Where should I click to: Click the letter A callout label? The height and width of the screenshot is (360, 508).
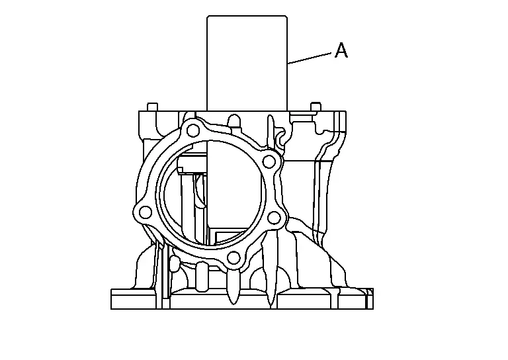pyautogui.click(x=341, y=50)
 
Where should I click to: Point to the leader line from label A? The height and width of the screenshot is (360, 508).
pyautogui.click(x=310, y=58)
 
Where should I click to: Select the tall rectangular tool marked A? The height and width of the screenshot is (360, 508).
pyautogui.click(x=247, y=63)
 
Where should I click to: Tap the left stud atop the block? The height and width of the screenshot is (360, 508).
pyautogui.click(x=153, y=107)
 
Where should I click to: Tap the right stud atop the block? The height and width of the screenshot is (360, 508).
pyautogui.click(x=316, y=107)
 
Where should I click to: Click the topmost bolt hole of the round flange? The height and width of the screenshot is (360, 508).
pyautogui.click(x=193, y=130)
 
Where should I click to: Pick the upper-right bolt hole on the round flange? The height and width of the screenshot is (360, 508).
pyautogui.click(x=269, y=161)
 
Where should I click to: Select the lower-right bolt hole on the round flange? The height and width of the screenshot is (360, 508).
pyautogui.click(x=275, y=218)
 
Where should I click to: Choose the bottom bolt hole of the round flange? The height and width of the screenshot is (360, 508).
pyautogui.click(x=233, y=258)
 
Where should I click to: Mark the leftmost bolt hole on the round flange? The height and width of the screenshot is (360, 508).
pyautogui.click(x=145, y=212)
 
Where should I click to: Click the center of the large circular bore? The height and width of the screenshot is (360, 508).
pyautogui.click(x=211, y=195)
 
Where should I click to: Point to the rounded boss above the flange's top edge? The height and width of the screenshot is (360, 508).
pyautogui.click(x=235, y=122)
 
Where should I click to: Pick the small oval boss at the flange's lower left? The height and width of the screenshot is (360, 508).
pyautogui.click(x=175, y=263)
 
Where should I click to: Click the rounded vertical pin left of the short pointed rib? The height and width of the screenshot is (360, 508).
pyautogui.click(x=202, y=275)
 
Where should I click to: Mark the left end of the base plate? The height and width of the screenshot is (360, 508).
pyautogui.click(x=111, y=298)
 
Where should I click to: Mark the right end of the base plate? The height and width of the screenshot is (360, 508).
pyautogui.click(x=373, y=298)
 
